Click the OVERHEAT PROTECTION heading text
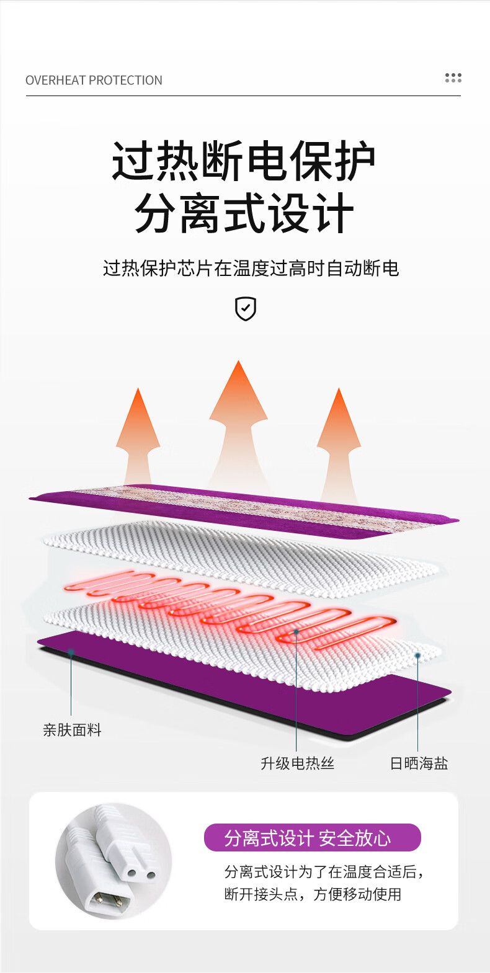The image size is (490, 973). click(94, 81)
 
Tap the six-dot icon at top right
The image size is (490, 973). click(453, 78)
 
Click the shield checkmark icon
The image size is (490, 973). click(246, 308)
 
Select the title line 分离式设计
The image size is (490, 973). click(244, 213)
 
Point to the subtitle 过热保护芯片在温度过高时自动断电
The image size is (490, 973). click(251, 269)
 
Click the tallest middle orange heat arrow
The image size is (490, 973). click(238, 422)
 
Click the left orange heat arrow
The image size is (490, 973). click(138, 434)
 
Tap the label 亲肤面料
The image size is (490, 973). click(72, 730)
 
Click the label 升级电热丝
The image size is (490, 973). click(297, 763)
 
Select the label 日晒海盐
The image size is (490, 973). click(419, 763)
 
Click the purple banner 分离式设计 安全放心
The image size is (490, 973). click(312, 838)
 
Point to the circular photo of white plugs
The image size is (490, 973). click(114, 861)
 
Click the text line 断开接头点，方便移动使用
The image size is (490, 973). click(313, 894)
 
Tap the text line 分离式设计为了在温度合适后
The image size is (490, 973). click(323, 872)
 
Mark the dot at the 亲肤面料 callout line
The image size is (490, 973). click(71, 652)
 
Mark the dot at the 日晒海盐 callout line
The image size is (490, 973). click(418, 655)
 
